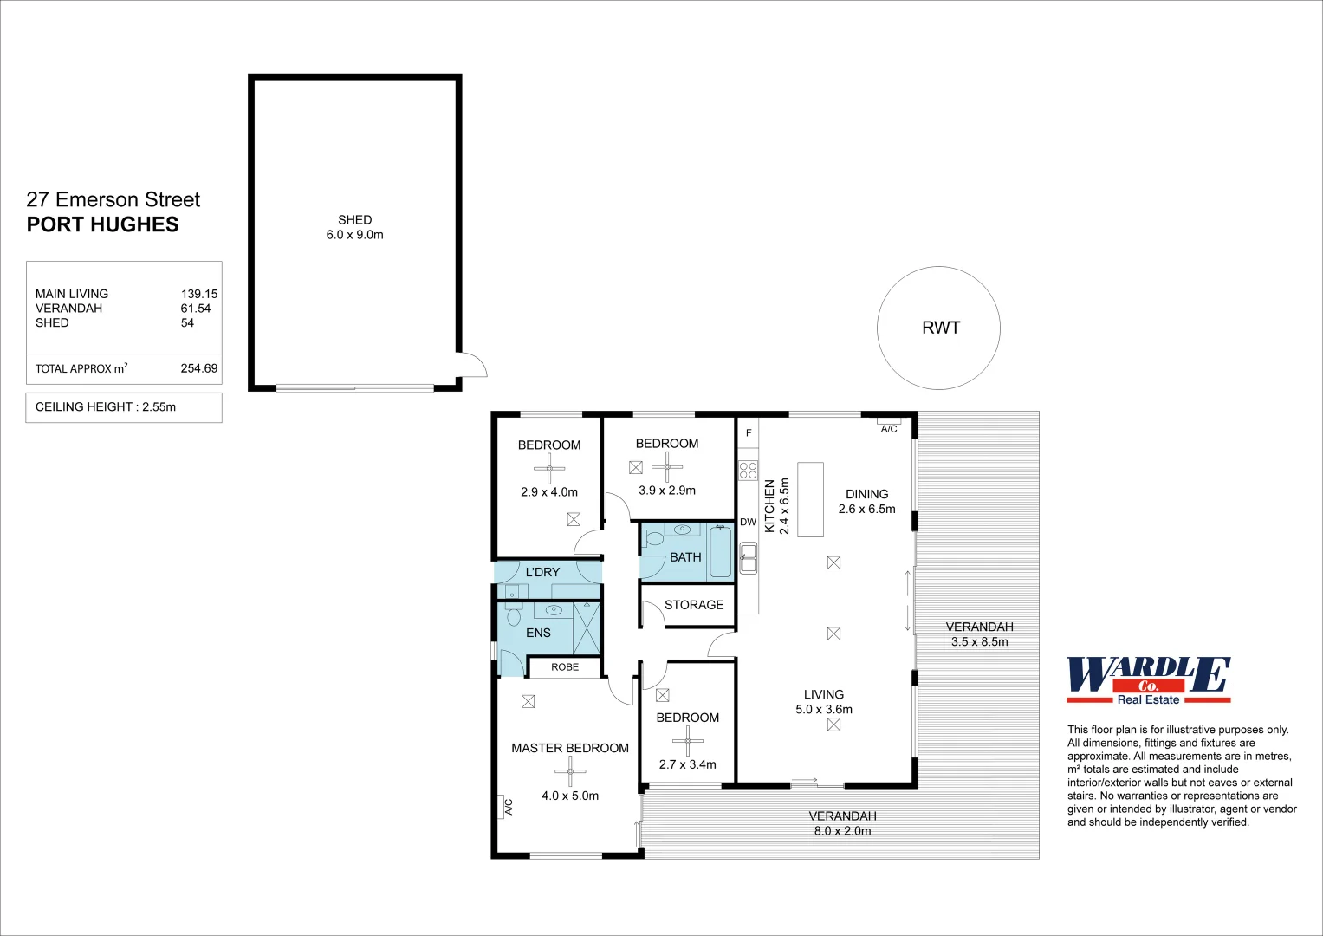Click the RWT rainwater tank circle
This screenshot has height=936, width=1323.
pyautogui.click(x=938, y=328)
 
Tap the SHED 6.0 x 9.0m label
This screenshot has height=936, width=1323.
pyautogui.click(x=354, y=227)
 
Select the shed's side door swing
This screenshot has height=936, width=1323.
pyautogui.click(x=472, y=365)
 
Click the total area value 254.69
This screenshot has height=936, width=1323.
pyautogui.click(x=198, y=368)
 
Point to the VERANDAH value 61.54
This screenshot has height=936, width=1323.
pyautogui.click(x=196, y=309)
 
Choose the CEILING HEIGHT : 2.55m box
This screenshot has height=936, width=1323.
pyautogui.click(x=124, y=407)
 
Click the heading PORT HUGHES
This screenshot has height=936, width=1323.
pyautogui.click(x=102, y=224)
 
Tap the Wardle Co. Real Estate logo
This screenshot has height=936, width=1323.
pyautogui.click(x=1148, y=680)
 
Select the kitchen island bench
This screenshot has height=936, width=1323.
pyautogui.click(x=810, y=499)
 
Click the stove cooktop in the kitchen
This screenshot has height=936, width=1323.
pyautogui.click(x=748, y=471)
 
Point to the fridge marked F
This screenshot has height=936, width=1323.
pyautogui.click(x=749, y=432)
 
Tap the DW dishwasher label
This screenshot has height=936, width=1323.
pyautogui.click(x=748, y=522)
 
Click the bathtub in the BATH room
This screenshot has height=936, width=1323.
pyautogui.click(x=720, y=551)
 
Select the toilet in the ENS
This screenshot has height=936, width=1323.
pyautogui.click(x=513, y=617)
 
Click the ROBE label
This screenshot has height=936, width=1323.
pyautogui.click(x=565, y=667)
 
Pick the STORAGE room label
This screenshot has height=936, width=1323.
pyautogui.click(x=693, y=605)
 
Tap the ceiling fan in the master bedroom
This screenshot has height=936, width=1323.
pyautogui.click(x=570, y=770)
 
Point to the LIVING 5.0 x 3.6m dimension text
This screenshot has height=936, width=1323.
pyautogui.click(x=823, y=709)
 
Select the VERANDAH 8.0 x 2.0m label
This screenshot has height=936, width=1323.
pyautogui.click(x=842, y=823)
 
